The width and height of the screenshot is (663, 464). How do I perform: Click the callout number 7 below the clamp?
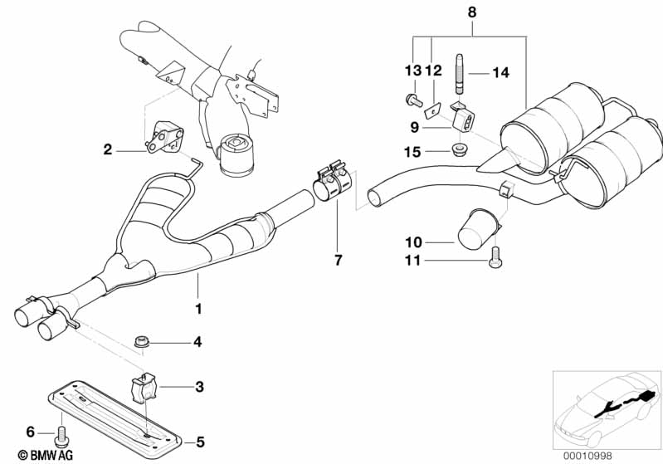coord(338,260)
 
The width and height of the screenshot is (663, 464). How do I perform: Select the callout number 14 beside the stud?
coord(500,73)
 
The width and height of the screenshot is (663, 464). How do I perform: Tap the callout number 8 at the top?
coord(472,12)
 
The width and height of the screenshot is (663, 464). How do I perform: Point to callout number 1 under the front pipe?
coord(198,309)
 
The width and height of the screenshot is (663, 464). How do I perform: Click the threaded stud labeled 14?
coord(461,75)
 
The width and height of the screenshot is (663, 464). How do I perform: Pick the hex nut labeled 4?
coord(141,341)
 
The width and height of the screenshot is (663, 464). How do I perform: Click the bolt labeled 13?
coord(413,100)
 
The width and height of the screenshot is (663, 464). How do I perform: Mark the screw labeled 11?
coord(495,258)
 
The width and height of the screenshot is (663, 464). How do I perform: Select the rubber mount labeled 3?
coord(142,386)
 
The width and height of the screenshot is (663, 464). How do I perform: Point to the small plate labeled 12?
coord(433,110)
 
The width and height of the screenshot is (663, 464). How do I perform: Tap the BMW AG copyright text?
coord(46,455)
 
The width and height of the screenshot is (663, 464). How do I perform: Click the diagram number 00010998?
coord(587,456)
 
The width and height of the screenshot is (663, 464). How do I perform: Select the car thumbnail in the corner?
coord(607,410)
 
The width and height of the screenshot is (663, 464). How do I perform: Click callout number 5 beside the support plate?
coord(200,442)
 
